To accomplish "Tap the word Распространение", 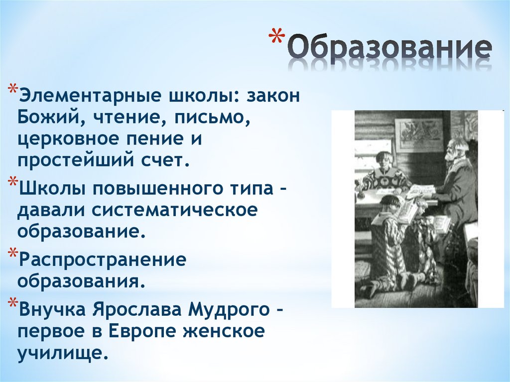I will pyautogui.click(x=102, y=260).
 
